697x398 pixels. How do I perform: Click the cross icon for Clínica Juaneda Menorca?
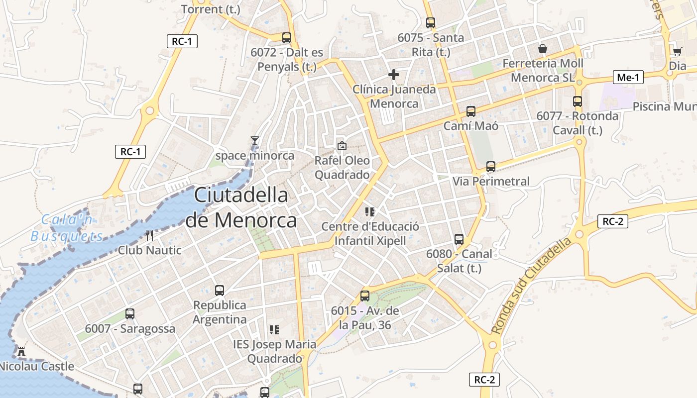point(394,75)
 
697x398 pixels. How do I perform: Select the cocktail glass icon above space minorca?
point(255,141)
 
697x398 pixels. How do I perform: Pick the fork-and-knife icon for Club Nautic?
point(149,235)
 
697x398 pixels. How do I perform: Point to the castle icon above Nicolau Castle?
point(21,351)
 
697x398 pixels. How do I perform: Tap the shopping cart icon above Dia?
point(677,51)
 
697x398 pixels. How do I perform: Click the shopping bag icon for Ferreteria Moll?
point(543,49)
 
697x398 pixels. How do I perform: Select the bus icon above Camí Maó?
point(471,111)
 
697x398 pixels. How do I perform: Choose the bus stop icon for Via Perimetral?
point(491,167)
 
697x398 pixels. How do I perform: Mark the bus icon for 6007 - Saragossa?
point(130,314)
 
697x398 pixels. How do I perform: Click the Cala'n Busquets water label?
point(67,227)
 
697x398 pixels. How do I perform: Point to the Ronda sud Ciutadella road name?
point(532,287)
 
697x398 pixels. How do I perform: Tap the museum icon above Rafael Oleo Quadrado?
point(342,146)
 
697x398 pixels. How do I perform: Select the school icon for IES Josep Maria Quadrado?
point(274,329)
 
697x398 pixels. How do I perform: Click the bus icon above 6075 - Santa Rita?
point(431,23)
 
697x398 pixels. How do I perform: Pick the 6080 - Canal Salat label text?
point(459,261)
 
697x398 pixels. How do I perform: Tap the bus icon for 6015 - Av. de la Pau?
point(365,296)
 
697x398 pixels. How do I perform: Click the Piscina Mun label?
point(664,106)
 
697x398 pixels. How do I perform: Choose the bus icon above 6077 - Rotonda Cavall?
point(578,101)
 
